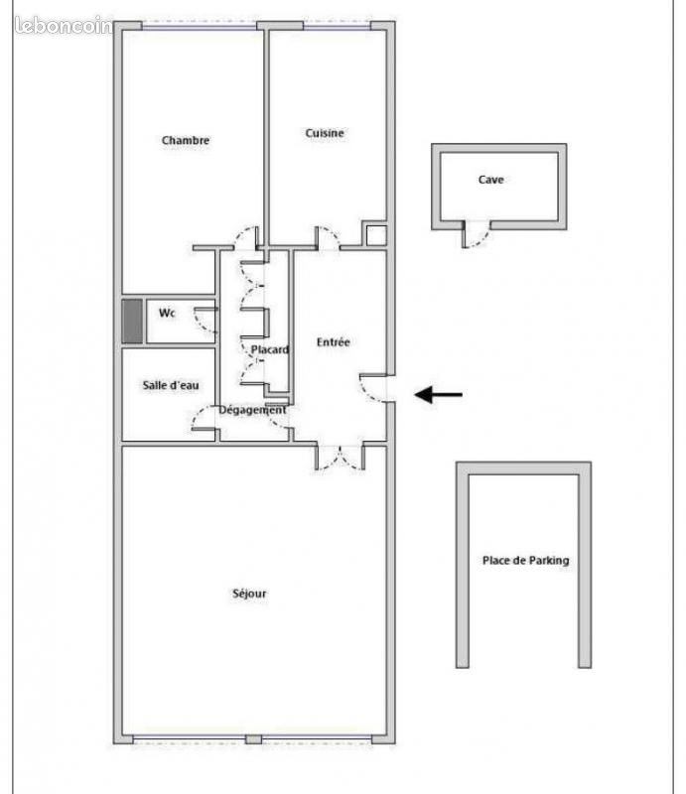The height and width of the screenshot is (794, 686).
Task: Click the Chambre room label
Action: [186, 141]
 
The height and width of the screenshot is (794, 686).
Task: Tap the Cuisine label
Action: [325, 133]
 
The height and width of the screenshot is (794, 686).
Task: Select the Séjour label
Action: [249, 594]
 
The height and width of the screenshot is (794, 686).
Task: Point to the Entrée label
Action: [334, 342]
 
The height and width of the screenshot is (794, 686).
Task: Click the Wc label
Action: [168, 314]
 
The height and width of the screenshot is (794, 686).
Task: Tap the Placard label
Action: [269, 349]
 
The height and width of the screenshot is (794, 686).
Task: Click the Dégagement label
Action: [252, 409]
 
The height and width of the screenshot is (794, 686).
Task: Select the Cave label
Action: [490, 180]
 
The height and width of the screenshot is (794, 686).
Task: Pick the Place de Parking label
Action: [525, 560]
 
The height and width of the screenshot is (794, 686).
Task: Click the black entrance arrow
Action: [438, 395]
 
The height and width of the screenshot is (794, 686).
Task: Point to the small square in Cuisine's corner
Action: [375, 235]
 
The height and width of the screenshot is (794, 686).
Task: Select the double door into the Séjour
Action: [341, 458]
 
